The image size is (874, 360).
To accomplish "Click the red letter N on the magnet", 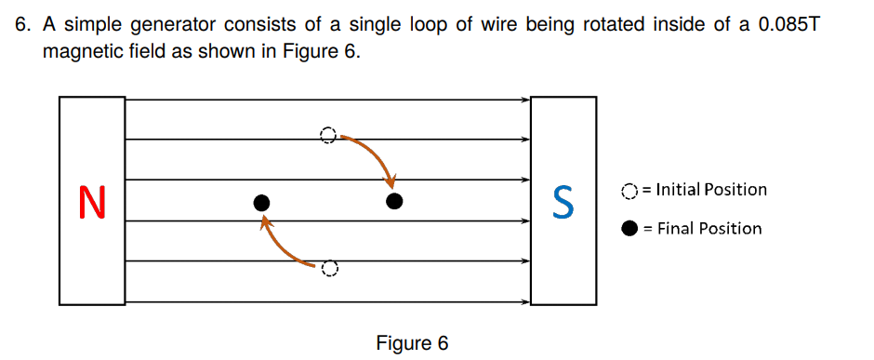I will pyautogui.click(x=92, y=202).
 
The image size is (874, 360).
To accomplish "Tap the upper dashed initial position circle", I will pyautogui.click(x=326, y=136).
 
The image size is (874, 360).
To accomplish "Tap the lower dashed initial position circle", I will pyautogui.click(x=327, y=269).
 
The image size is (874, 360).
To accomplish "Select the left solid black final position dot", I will pyautogui.click(x=262, y=202).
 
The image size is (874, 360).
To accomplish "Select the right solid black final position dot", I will pyautogui.click(x=394, y=201).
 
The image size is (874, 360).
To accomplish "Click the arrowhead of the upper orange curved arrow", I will pyautogui.click(x=391, y=180).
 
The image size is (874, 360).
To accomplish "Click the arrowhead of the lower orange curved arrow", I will pyautogui.click(x=266, y=222).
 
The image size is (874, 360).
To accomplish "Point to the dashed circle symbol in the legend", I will pyautogui.click(x=629, y=191).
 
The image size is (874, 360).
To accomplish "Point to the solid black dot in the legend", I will pyautogui.click(x=629, y=229).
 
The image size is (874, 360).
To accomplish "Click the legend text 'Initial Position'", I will pyautogui.click(x=711, y=190).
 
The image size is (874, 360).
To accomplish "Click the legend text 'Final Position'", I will pyautogui.click(x=709, y=229).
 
